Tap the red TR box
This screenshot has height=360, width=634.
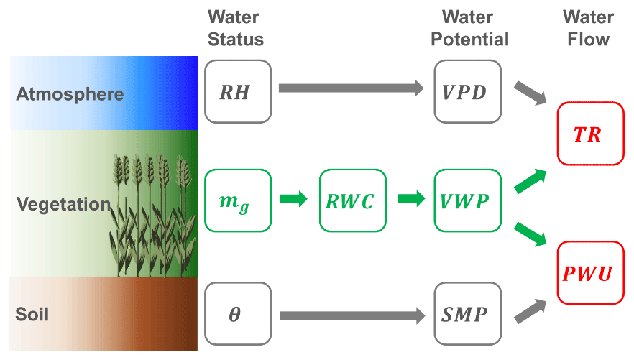click(x=587, y=134)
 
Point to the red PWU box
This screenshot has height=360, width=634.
click(x=587, y=273)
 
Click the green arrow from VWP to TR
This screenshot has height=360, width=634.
click(x=530, y=182)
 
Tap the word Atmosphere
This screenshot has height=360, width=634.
click(x=70, y=94)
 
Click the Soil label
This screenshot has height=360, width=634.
click(x=32, y=314)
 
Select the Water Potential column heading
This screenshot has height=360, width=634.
click(x=469, y=28)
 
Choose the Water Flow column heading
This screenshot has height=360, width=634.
click(x=588, y=28)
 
